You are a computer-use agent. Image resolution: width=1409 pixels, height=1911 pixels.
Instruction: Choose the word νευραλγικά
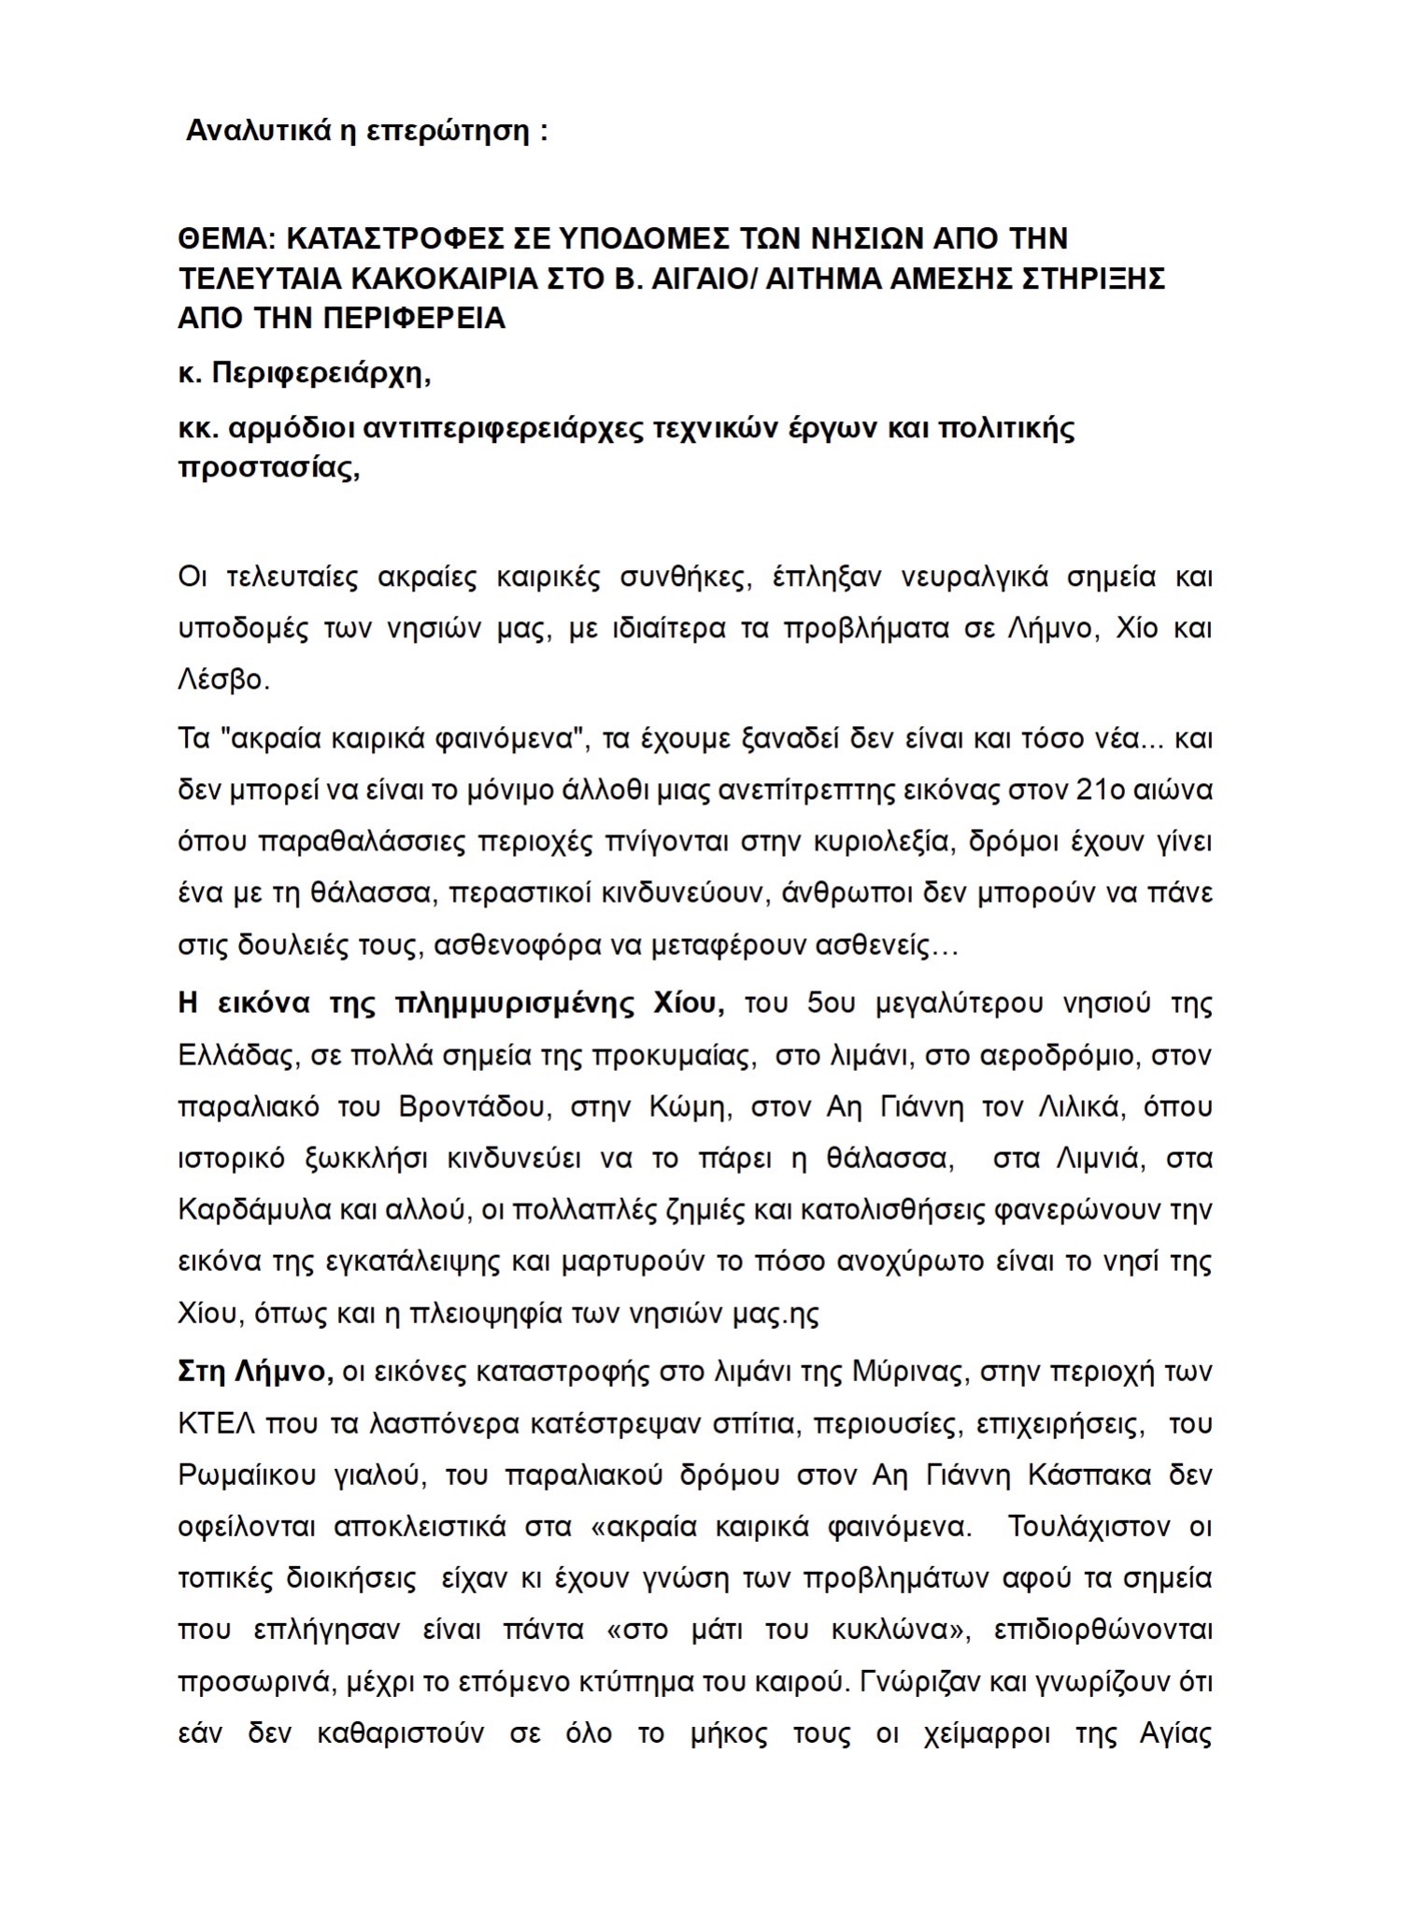point(975,578)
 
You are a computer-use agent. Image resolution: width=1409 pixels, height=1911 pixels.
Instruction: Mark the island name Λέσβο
point(222,679)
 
